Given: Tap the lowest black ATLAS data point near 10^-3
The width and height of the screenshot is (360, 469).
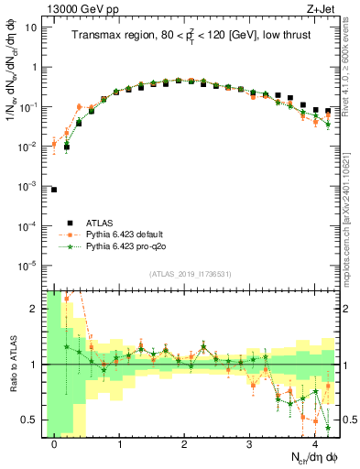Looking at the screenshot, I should [x=54, y=190].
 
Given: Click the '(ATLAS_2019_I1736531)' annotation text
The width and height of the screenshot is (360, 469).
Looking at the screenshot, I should [x=189, y=273].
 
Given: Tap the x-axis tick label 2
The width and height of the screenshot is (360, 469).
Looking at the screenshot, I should [x=185, y=443].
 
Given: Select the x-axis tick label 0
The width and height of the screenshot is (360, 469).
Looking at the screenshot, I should [x=54, y=443].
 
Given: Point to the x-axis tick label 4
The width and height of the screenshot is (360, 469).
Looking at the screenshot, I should [x=315, y=443].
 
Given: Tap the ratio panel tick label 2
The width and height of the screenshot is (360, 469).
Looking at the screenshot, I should [x=34, y=309].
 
